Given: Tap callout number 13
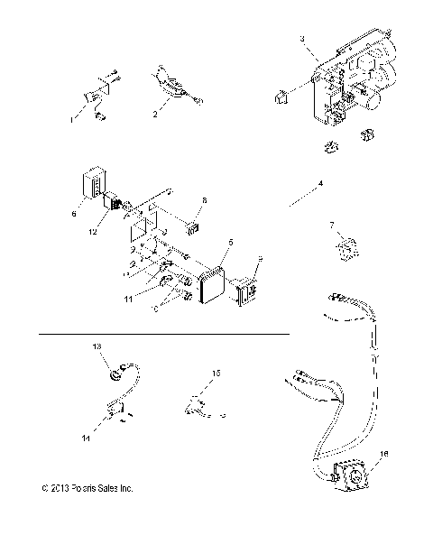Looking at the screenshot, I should tap(97, 346).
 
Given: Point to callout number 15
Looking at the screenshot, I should tap(215, 372).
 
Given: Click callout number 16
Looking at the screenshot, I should tap(385, 454).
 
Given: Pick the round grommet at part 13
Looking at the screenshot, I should tap(117, 368).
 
